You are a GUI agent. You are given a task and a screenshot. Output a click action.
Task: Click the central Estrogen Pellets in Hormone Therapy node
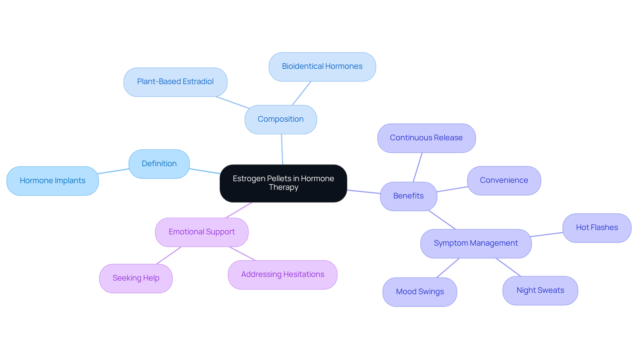283,183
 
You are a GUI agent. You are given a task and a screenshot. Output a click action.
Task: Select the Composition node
280,119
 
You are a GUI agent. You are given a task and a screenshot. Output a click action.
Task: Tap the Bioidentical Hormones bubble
322,66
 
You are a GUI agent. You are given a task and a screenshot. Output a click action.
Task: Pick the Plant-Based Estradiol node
175,82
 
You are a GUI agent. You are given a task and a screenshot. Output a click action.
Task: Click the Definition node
159,164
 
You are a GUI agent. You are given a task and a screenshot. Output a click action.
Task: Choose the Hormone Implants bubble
53,181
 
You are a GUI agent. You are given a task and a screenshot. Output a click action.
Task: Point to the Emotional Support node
201,232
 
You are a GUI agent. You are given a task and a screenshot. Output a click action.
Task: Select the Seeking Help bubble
136,278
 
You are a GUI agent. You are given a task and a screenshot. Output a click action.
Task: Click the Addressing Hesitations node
282,275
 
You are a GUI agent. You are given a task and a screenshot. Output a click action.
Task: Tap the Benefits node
408,196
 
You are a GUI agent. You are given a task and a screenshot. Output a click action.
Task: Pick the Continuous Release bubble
426,138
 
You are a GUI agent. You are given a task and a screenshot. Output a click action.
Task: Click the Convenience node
504,180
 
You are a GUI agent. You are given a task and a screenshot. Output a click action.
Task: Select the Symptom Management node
476,243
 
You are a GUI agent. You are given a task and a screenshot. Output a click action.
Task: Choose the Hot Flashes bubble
596,228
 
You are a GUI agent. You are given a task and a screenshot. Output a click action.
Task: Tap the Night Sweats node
540,291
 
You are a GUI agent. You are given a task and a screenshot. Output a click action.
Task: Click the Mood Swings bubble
419,292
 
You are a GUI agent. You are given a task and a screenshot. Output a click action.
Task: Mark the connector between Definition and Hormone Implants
113,171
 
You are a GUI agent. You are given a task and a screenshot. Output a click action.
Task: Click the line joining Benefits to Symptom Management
442,220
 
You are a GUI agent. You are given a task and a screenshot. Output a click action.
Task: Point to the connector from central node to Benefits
364,192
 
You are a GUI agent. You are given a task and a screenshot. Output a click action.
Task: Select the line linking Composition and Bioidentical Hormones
301,93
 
